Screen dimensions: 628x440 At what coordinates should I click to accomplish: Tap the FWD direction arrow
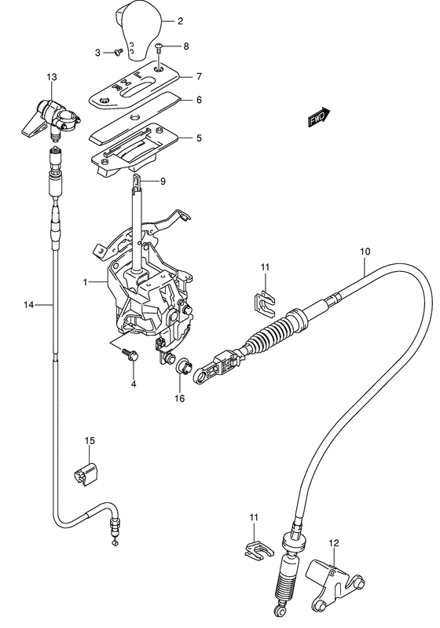(317, 119)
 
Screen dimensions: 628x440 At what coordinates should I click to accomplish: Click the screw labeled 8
(159, 48)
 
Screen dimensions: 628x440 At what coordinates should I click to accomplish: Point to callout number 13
(51, 76)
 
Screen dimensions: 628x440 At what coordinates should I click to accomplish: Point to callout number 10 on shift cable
(364, 252)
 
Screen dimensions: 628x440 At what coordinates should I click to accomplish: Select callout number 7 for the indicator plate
(200, 76)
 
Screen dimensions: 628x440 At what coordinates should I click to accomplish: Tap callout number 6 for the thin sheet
(200, 100)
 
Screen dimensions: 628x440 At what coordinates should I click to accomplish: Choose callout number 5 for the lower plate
(200, 138)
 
